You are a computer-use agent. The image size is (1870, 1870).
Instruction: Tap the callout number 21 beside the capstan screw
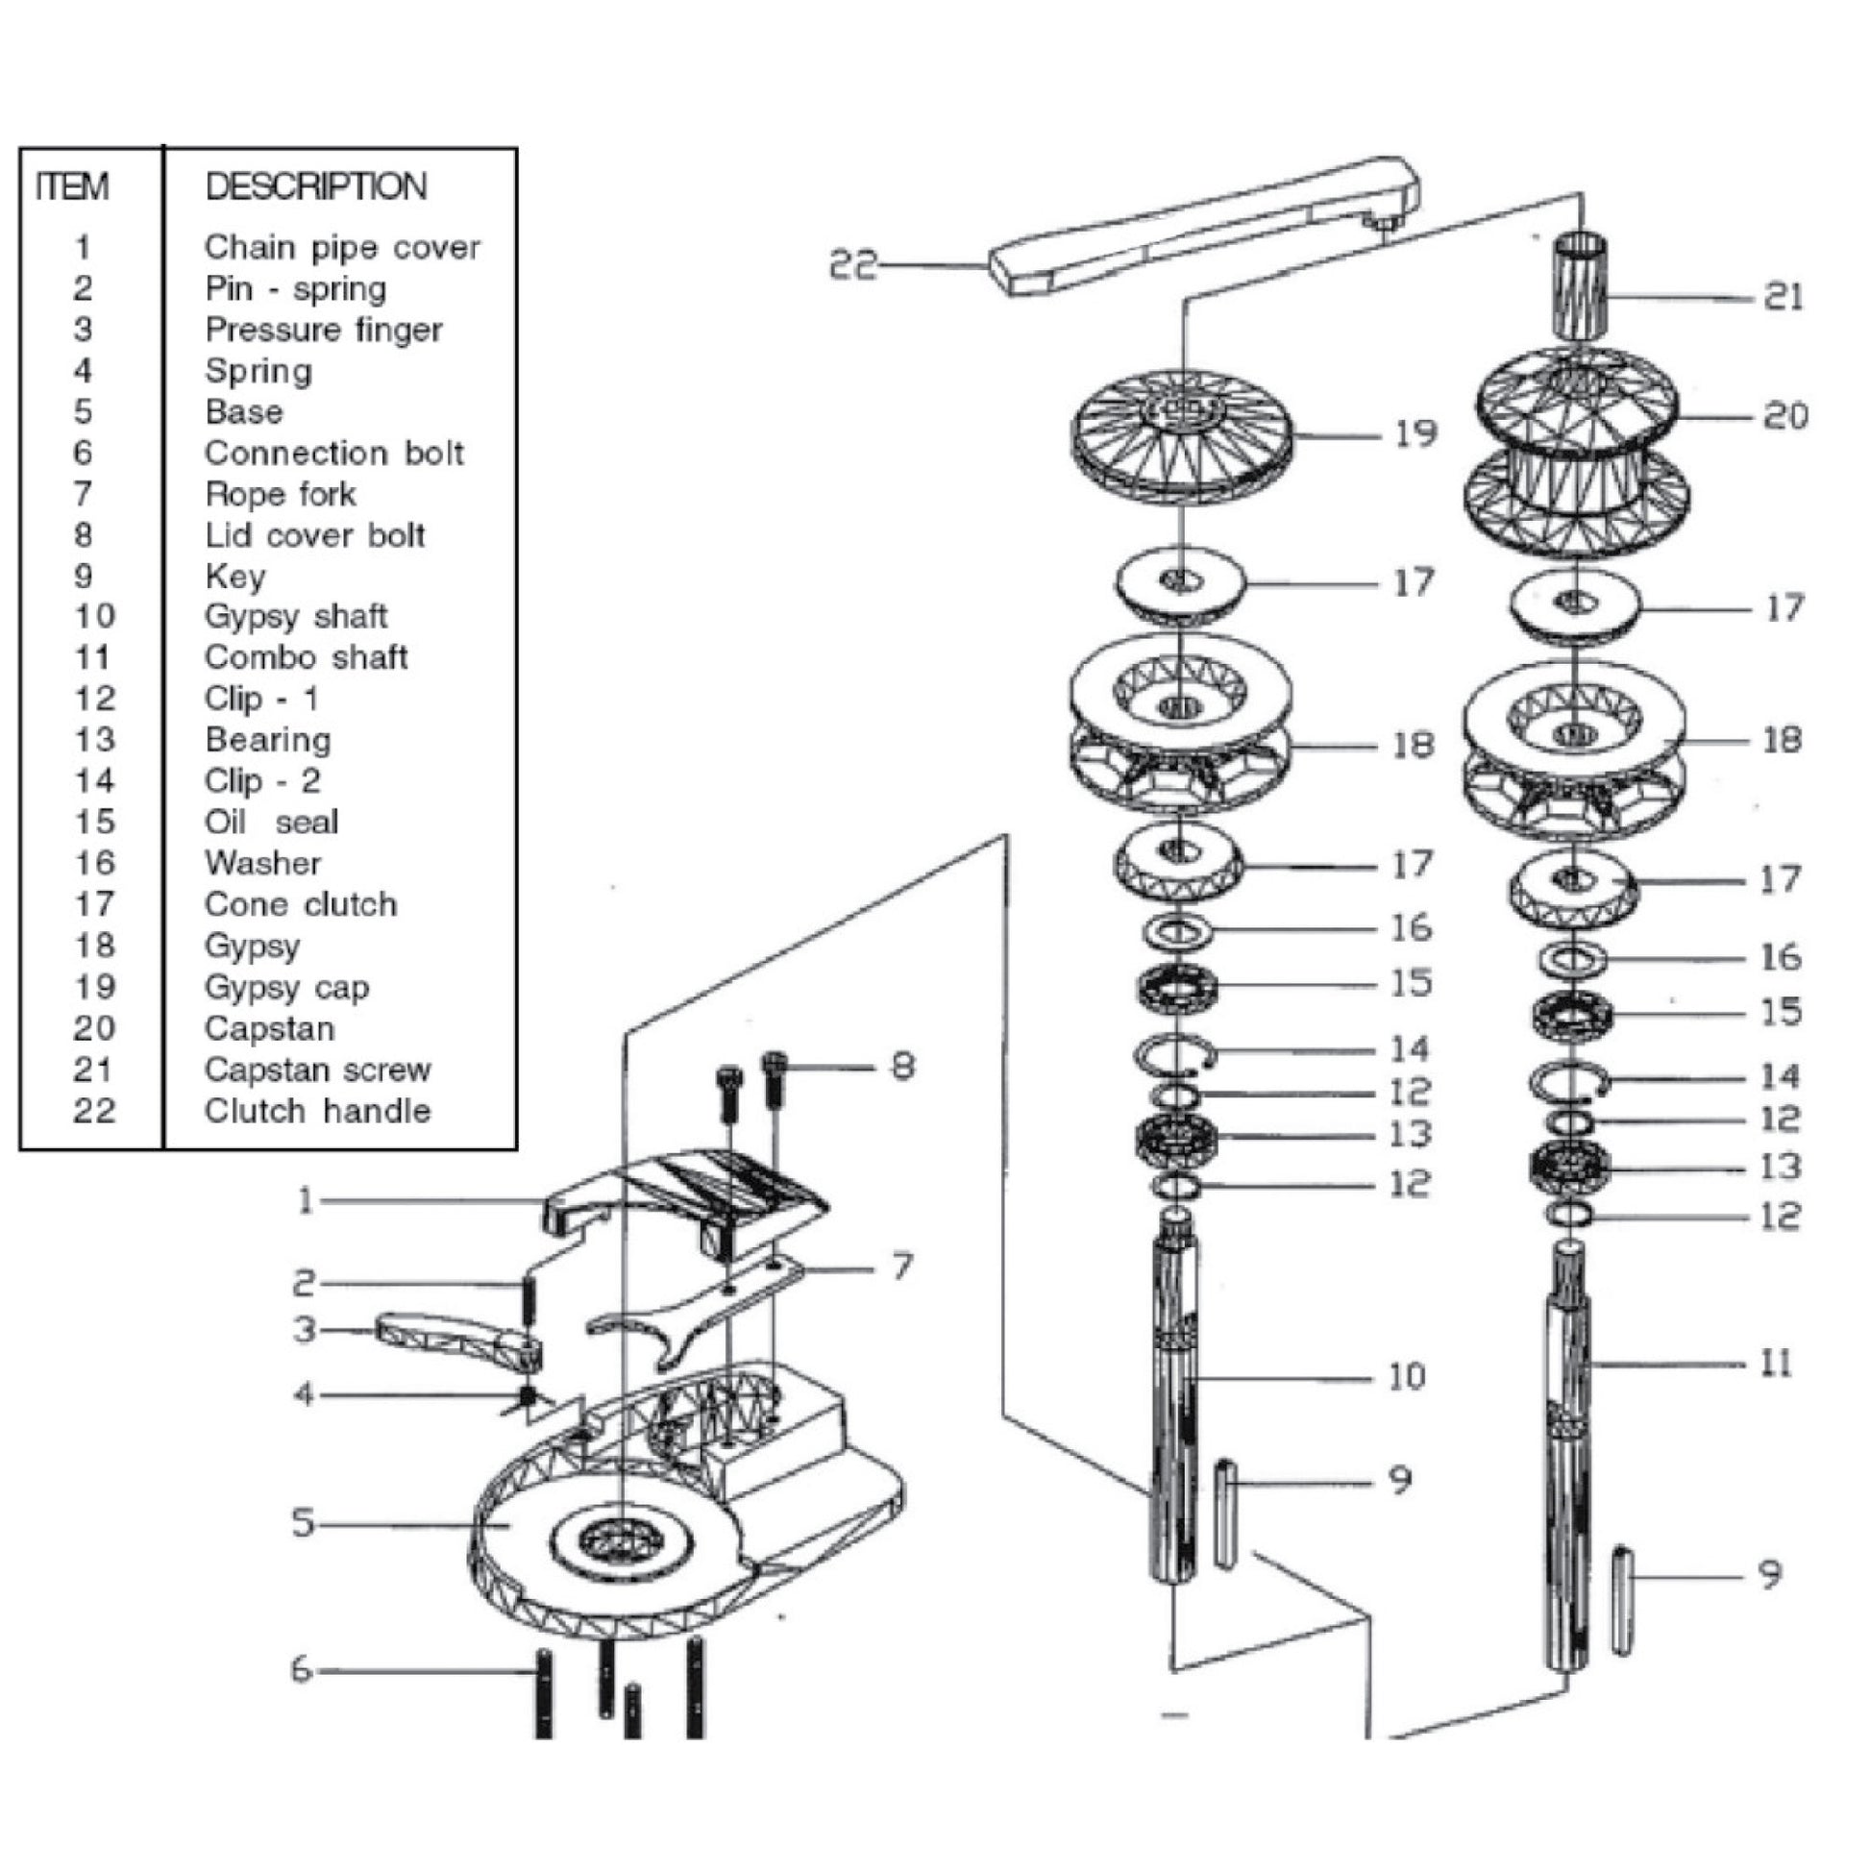[1784, 296]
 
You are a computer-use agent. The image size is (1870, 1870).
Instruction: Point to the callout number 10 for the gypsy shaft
[1407, 1375]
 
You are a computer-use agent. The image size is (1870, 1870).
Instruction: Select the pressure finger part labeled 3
[455, 1344]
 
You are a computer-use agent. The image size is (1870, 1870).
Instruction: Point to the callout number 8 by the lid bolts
[902, 1066]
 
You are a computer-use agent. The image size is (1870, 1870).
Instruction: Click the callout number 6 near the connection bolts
[301, 1670]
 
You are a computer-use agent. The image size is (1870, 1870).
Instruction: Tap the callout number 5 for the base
[303, 1522]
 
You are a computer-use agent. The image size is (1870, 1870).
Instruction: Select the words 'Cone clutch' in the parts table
[300, 904]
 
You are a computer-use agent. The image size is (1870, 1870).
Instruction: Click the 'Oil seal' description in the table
[271, 822]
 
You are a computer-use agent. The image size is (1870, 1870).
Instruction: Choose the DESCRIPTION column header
[315, 185]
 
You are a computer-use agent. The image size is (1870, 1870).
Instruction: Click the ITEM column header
[72, 185]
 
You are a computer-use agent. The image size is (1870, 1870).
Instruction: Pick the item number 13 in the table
[94, 740]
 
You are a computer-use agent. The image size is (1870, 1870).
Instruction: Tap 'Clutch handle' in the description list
[316, 1110]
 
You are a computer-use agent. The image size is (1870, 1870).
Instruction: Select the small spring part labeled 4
[528, 1395]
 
